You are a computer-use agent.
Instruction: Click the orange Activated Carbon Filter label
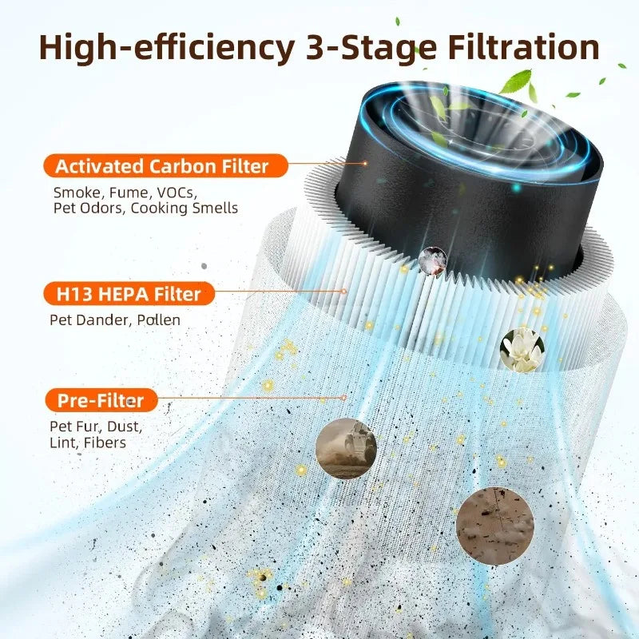point(161,166)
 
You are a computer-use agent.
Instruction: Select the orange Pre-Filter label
point(101,399)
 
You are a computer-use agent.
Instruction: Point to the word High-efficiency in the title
point(164,47)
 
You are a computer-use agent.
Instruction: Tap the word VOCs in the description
point(177,192)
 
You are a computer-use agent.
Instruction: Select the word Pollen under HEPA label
point(158,319)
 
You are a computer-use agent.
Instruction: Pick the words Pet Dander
point(88,319)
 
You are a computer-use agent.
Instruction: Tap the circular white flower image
point(522,350)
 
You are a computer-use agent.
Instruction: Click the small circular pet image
point(432,260)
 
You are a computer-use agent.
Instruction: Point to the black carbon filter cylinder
point(447,192)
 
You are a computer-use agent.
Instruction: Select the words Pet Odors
point(88,208)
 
